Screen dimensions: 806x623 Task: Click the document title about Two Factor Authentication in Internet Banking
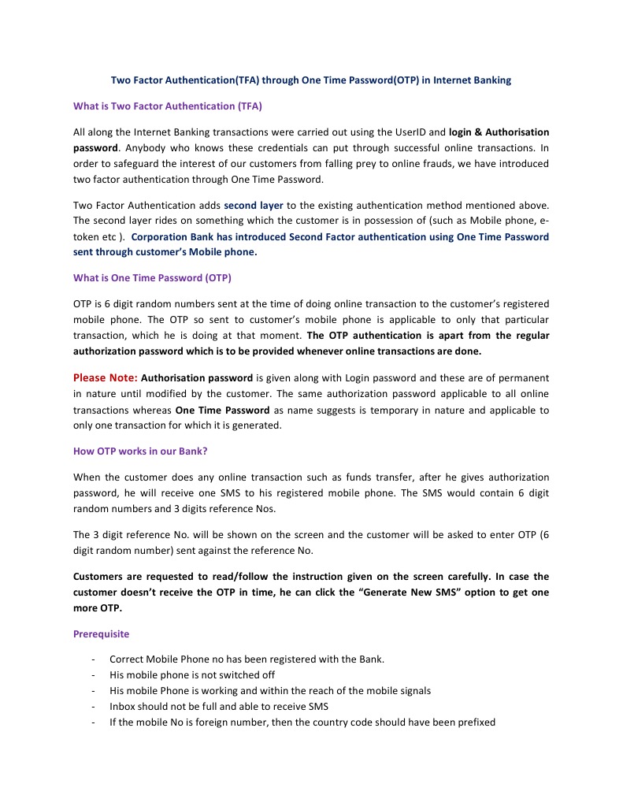click(310, 80)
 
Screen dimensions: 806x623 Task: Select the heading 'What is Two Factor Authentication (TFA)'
click(167, 106)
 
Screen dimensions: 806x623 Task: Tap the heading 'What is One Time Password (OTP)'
click(152, 278)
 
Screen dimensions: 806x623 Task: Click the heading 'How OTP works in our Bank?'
click(140, 451)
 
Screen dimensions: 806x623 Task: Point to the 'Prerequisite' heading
click(101, 633)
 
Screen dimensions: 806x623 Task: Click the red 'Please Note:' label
click(106, 378)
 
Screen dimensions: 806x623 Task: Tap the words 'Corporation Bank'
click(169, 237)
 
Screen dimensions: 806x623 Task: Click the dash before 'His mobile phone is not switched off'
click(94, 675)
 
